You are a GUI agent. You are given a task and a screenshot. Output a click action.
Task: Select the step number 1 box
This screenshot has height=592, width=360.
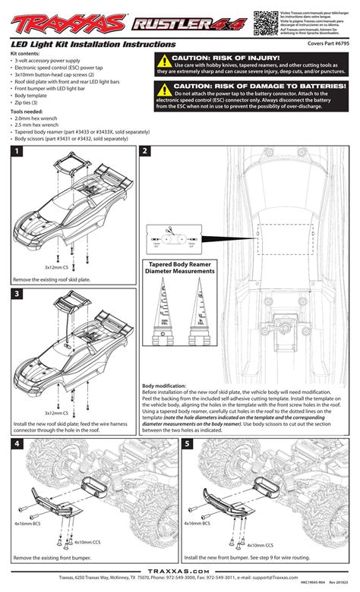[16, 152]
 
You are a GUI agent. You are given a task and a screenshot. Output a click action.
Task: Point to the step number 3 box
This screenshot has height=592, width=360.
[16, 293]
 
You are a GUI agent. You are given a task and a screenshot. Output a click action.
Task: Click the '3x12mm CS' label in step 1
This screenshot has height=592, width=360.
[57, 267]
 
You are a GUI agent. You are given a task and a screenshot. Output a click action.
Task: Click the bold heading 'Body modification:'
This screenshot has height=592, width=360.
[168, 386]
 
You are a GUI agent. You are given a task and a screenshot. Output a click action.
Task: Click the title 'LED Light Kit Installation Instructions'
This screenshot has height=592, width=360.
[78, 46]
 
